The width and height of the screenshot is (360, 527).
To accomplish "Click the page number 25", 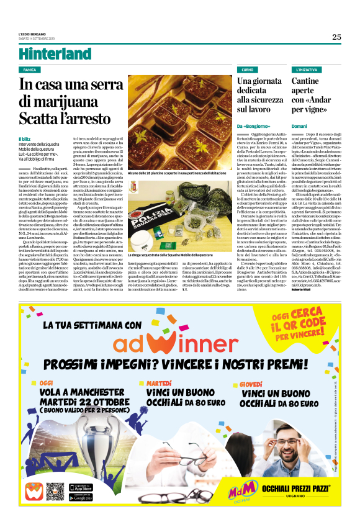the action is coord(336,37).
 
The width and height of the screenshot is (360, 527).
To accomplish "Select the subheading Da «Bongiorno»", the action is coord(252,127).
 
